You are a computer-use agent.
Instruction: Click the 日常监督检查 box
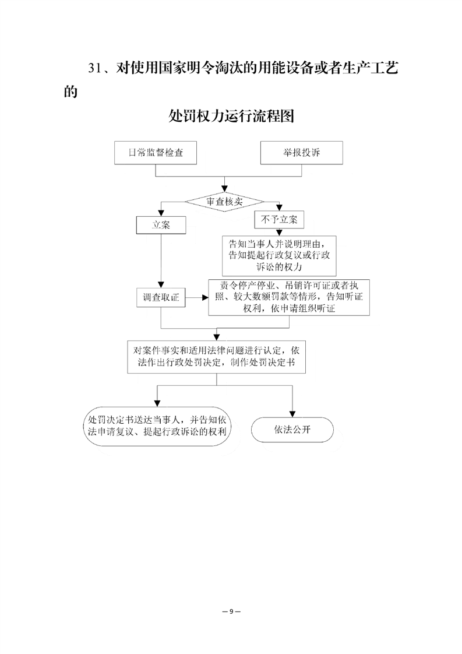point(156,153)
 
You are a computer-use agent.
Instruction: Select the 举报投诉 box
point(301,153)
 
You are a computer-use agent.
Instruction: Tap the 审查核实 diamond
point(224,202)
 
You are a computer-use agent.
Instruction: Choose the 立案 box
point(161,225)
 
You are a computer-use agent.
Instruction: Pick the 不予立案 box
point(279,219)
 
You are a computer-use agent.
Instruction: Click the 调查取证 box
point(161,297)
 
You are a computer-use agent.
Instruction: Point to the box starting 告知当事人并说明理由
point(279,256)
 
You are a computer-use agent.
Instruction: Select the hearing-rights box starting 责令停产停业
point(289,297)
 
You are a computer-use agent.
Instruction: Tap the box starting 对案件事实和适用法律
point(216,357)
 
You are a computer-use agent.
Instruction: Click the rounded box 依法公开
point(292,430)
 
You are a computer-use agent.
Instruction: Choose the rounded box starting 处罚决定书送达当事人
point(157,426)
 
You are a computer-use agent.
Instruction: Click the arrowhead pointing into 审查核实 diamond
point(225,189)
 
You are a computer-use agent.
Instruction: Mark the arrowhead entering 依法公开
point(292,414)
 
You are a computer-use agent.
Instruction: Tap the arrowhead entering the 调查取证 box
point(161,285)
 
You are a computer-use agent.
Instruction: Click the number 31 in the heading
point(94,68)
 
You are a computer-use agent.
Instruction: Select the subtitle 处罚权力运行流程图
point(231,116)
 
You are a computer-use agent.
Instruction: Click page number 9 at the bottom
point(231,611)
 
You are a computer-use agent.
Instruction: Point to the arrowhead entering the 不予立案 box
point(280,208)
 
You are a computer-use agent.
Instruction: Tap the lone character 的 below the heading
point(71,92)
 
